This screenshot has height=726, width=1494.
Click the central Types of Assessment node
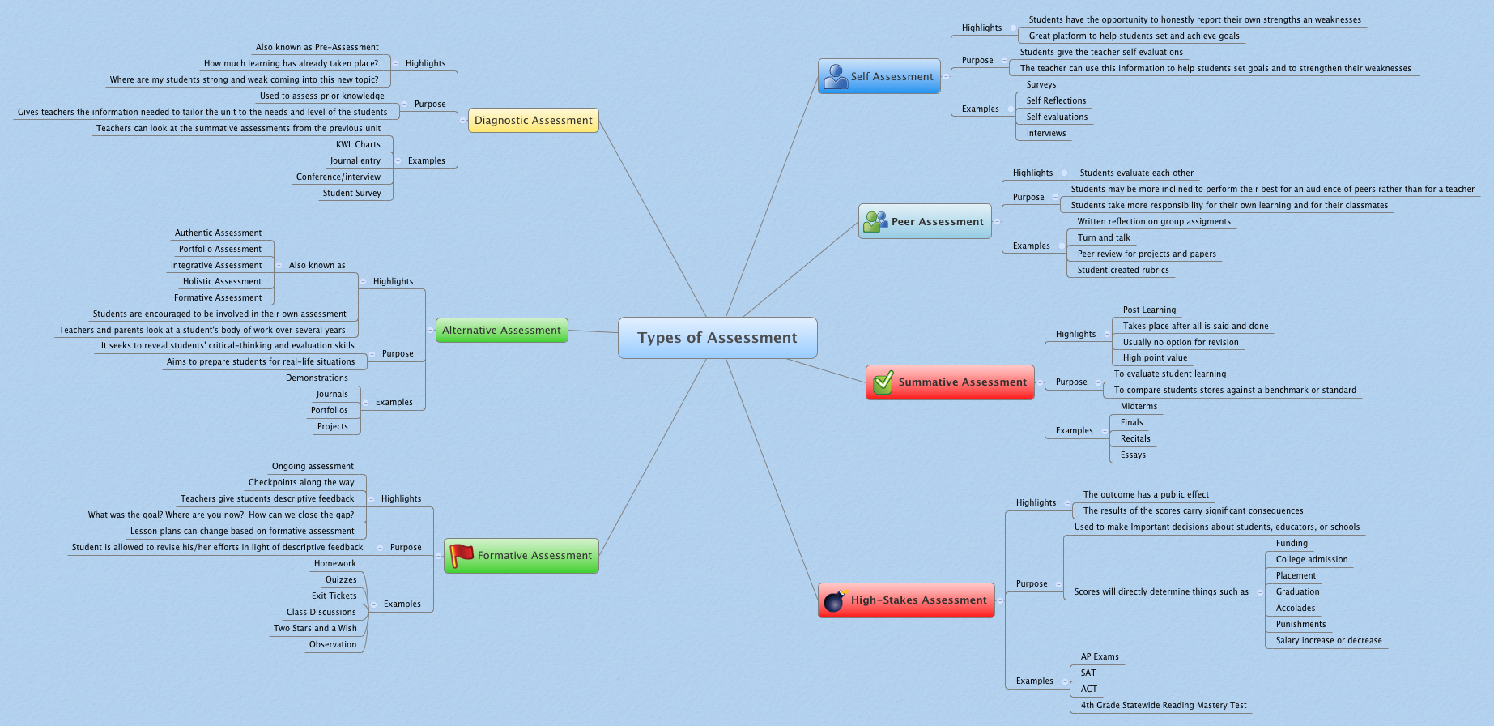(717, 338)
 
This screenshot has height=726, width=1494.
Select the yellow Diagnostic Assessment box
(534, 121)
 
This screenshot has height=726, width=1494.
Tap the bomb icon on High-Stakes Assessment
(834, 601)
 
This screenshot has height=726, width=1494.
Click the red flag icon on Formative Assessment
(462, 555)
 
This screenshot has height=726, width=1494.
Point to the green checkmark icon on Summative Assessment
(883, 382)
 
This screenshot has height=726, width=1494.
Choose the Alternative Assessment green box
(501, 331)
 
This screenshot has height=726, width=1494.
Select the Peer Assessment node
(925, 221)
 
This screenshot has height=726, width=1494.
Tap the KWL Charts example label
(358, 145)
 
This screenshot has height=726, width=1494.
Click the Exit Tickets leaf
(334, 596)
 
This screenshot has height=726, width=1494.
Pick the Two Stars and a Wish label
(315, 629)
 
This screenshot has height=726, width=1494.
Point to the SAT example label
(1088, 673)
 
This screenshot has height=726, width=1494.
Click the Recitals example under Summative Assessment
(1135, 439)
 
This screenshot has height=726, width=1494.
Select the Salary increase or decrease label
(1329, 641)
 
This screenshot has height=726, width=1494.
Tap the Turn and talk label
(1104, 238)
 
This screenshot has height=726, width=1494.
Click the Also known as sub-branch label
(317, 266)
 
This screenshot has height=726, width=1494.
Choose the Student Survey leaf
(351, 194)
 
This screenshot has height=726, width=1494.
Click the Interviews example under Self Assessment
(1046, 134)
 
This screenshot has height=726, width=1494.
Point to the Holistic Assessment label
(222, 282)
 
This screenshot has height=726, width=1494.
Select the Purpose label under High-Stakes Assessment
(1032, 584)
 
